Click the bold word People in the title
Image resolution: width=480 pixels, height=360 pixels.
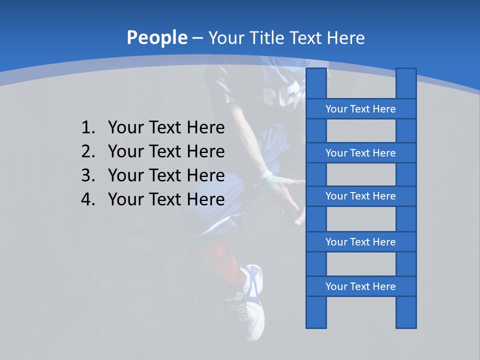tap(156, 38)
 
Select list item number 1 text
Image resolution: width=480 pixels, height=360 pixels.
tap(166, 128)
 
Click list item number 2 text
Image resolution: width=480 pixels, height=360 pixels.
tap(166, 151)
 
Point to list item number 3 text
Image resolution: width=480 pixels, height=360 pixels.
tap(166, 175)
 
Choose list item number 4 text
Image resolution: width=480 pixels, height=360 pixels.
tap(166, 199)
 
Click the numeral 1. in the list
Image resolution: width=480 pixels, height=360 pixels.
tap(88, 128)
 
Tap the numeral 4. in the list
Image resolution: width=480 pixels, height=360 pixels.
tap(88, 199)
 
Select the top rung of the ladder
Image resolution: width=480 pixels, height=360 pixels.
tap(360, 109)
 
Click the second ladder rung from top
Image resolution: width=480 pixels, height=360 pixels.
tap(360, 153)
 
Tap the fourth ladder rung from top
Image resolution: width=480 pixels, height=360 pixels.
tap(360, 242)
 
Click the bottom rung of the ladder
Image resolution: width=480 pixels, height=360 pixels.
tap(360, 286)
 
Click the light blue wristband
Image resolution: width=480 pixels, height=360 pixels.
tap(268, 177)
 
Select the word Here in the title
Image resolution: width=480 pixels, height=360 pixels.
tap(345, 38)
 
